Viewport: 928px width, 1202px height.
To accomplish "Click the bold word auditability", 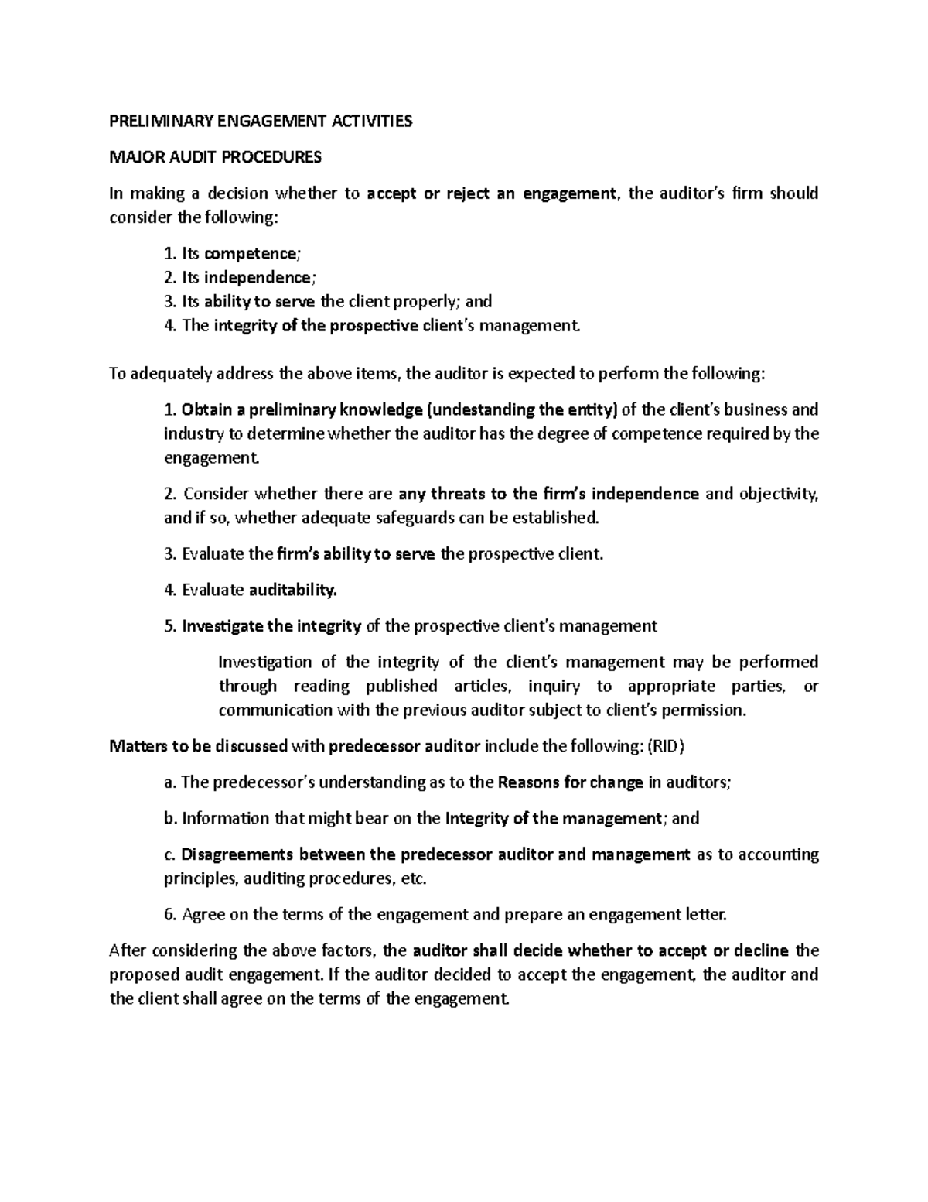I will point(293,591).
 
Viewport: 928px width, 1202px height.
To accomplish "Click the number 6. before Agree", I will point(171,915).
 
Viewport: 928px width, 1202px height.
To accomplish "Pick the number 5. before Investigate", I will point(171,626).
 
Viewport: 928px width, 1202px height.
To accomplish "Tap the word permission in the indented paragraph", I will point(708,711).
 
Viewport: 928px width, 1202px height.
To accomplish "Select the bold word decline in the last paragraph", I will point(761,950).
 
